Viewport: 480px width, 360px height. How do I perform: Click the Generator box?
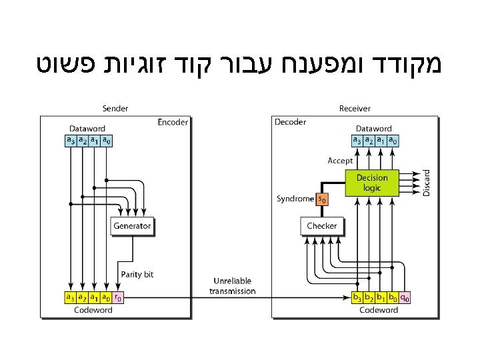pos(132,226)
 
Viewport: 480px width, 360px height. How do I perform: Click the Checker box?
pos(322,226)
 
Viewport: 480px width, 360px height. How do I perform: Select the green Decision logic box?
pos(371,183)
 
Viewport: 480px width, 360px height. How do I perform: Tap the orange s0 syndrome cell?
pos(322,199)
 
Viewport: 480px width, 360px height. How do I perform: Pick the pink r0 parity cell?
pos(117,297)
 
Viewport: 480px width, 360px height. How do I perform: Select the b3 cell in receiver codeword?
pos(358,297)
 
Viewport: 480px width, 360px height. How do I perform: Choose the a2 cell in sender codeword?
pos(82,297)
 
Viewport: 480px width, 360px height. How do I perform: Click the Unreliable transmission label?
pos(232,286)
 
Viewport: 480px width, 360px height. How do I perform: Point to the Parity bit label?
pos(137,274)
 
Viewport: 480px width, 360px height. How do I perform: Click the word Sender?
pos(115,108)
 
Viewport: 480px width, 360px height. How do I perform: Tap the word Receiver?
pos(355,108)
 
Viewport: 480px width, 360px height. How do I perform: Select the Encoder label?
pos(173,122)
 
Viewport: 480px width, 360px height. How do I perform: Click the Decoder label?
pos(291,122)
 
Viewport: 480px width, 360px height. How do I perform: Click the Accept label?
pos(340,161)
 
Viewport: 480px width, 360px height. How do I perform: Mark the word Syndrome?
pos(295,199)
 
